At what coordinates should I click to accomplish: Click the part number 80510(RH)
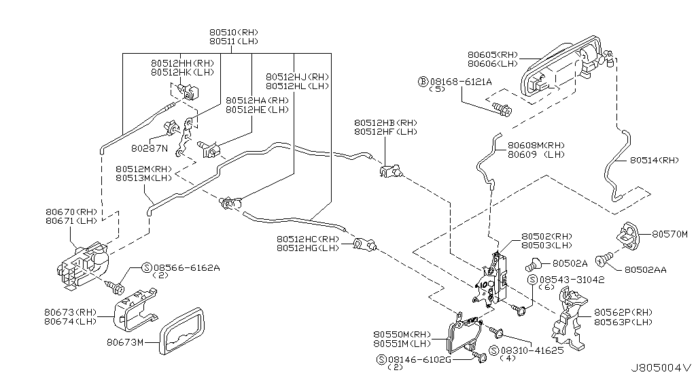[234, 32]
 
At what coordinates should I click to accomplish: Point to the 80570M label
[670, 234]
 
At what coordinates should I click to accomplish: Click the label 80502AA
[645, 270]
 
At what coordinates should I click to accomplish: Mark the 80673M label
[125, 342]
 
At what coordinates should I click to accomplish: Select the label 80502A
[570, 263]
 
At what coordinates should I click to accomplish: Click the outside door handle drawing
[561, 68]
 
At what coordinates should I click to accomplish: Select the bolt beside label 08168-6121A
[502, 107]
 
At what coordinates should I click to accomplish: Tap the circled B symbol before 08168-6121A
[423, 82]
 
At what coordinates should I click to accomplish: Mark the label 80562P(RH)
[623, 312]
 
